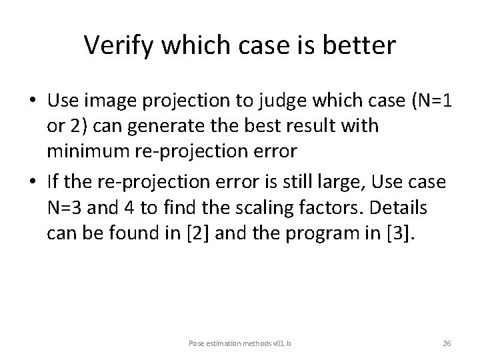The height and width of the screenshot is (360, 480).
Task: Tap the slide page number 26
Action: coord(447,343)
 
